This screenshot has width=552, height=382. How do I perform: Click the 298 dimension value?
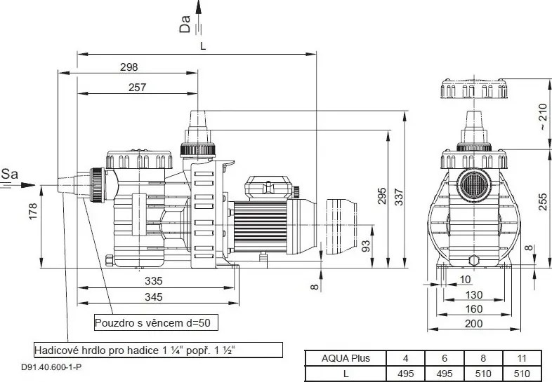click(129, 67)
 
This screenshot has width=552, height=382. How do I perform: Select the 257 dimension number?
click(137, 87)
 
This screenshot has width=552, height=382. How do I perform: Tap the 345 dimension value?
click(154, 297)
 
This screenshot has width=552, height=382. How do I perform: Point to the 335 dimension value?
click(154, 281)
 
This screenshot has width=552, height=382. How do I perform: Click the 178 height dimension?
click(33, 211)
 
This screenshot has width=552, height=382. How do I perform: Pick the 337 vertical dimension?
click(399, 197)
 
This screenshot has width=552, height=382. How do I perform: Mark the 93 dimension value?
click(366, 245)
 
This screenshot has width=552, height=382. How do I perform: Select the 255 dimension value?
click(544, 202)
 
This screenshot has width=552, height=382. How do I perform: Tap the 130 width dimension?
click(474, 294)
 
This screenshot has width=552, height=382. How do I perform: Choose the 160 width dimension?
click(474, 309)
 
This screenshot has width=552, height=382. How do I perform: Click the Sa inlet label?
click(10, 174)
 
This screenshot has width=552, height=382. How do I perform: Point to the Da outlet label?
click(185, 25)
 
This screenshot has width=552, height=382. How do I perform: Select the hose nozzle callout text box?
click(159, 350)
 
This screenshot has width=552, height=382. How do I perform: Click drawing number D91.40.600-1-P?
click(51, 367)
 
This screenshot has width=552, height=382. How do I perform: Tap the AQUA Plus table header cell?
click(346, 358)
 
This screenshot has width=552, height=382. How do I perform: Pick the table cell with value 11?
click(522, 358)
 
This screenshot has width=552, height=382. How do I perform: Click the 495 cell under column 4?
click(405, 373)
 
